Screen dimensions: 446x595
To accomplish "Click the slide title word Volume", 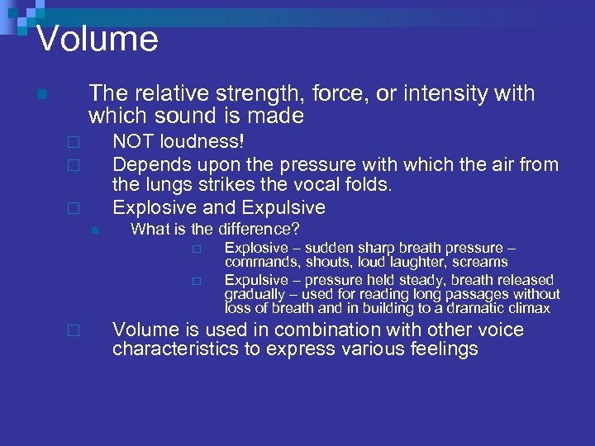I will [98, 39].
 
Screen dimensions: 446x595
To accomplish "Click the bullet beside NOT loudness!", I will [74, 143].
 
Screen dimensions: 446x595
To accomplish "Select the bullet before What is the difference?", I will [94, 230].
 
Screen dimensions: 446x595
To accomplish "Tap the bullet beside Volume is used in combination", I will [74, 330].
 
